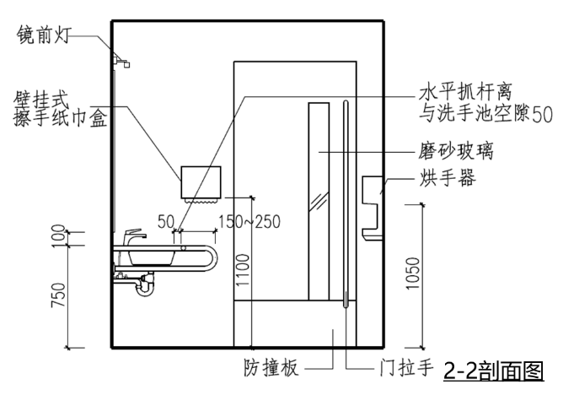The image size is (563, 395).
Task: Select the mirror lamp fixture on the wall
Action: click(x=121, y=60)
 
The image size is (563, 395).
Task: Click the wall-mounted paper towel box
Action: click(x=200, y=181)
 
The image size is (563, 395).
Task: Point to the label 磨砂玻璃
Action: click(x=455, y=152)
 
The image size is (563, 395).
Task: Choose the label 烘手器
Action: click(x=448, y=178)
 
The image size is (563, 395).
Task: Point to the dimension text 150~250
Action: click(x=249, y=222)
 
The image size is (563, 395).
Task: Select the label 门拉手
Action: click(x=402, y=369)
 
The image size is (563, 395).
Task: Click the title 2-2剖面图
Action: click(x=493, y=371)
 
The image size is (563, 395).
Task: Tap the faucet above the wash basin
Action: click(x=133, y=237)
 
